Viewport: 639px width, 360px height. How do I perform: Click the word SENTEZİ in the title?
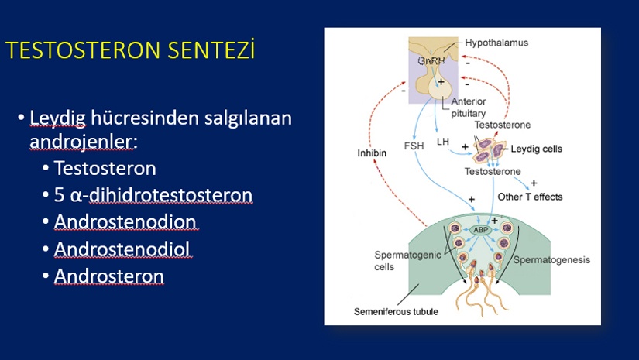(x=211, y=50)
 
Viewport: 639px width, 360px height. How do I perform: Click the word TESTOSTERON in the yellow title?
(x=83, y=50)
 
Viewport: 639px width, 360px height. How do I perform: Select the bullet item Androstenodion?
(x=125, y=222)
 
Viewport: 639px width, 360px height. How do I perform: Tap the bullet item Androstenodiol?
(x=122, y=249)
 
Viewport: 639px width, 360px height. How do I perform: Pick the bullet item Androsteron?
(x=108, y=276)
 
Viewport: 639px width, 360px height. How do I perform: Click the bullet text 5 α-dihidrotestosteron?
(x=153, y=195)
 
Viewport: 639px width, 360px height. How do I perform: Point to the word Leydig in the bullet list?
(x=57, y=118)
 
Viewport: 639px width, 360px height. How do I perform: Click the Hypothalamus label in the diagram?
(x=496, y=43)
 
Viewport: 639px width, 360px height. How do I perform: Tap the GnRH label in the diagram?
(x=431, y=61)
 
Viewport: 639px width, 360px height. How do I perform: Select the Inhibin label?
(x=372, y=153)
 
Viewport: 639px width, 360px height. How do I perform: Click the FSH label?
(x=414, y=146)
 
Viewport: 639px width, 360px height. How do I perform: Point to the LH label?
(x=442, y=142)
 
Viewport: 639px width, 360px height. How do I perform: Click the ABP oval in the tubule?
(x=480, y=230)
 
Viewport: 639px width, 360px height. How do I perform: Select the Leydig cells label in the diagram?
(x=536, y=149)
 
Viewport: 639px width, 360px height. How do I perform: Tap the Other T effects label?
(x=530, y=197)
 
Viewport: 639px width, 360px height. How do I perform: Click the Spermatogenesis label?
(x=551, y=260)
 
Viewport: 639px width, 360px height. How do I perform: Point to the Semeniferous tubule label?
(x=396, y=312)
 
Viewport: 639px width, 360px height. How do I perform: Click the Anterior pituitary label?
(x=469, y=108)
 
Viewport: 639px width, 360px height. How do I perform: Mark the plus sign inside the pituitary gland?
(x=441, y=82)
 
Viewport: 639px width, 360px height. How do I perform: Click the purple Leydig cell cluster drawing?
(x=489, y=150)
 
